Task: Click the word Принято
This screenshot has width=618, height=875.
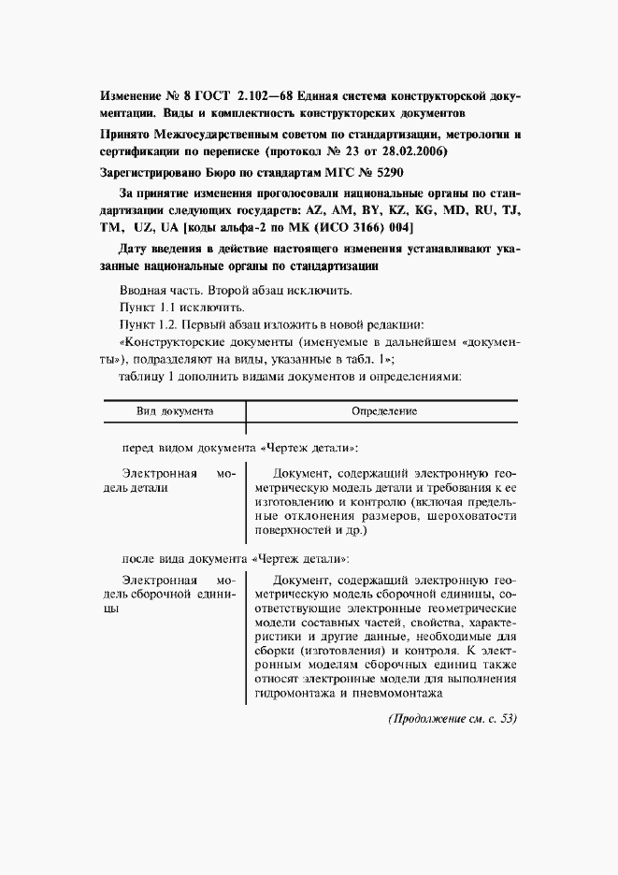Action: (x=123, y=134)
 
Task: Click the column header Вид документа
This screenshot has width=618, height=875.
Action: (x=175, y=410)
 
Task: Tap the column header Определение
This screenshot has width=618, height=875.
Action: (x=383, y=410)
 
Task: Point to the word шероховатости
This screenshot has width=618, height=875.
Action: (x=469, y=515)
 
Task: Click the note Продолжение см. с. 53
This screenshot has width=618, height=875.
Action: (x=438, y=720)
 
